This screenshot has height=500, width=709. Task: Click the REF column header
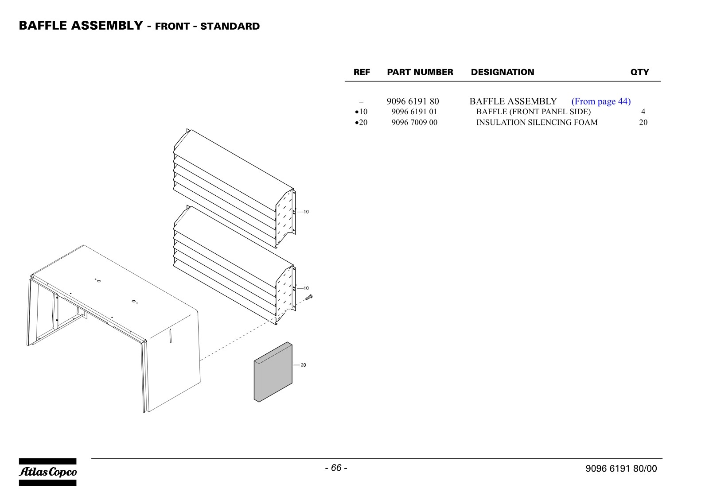pyautogui.click(x=362, y=72)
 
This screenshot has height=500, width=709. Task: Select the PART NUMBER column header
pyautogui.click(x=420, y=72)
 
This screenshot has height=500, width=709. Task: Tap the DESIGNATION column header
pyautogui.click(x=503, y=72)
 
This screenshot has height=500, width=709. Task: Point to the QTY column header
pyautogui.click(x=639, y=72)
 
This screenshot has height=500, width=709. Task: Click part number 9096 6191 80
pyautogui.click(x=413, y=101)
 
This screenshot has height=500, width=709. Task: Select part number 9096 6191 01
pyautogui.click(x=414, y=112)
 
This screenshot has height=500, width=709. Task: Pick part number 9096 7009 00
pyautogui.click(x=414, y=122)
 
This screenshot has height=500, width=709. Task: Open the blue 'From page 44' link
pyautogui.click(x=601, y=101)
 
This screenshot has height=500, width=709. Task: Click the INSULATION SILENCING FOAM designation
pyautogui.click(x=537, y=122)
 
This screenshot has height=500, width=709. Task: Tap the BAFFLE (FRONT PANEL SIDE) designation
pyautogui.click(x=534, y=112)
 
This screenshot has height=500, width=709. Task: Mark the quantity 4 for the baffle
pyautogui.click(x=643, y=112)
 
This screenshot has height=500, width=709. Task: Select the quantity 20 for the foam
pyautogui.click(x=643, y=122)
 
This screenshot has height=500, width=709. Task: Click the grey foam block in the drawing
pyautogui.click(x=273, y=372)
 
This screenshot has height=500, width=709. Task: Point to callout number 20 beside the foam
pyautogui.click(x=303, y=365)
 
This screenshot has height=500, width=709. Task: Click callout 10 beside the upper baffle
pyautogui.click(x=306, y=212)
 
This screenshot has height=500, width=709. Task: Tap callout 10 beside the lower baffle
pyautogui.click(x=306, y=288)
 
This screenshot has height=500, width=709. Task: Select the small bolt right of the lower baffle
pyautogui.click(x=309, y=297)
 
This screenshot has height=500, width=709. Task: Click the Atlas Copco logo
pyautogui.click(x=47, y=472)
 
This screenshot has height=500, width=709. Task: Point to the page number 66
pyautogui.click(x=336, y=468)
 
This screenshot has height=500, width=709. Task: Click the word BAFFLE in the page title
pyautogui.click(x=43, y=26)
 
